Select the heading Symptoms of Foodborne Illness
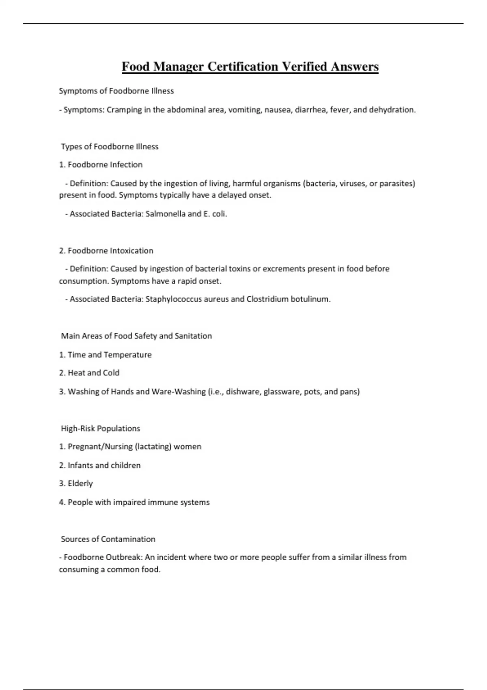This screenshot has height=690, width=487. [x=116, y=91]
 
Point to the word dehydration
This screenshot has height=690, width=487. [x=392, y=110]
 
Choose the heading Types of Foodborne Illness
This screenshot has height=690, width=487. [x=110, y=147]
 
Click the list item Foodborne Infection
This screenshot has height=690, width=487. [x=105, y=165]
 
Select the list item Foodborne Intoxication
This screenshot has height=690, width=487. [x=110, y=251]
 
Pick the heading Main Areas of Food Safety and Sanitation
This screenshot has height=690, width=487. [x=136, y=336]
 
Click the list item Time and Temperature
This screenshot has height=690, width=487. [x=109, y=355]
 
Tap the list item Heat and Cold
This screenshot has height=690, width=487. [x=93, y=373]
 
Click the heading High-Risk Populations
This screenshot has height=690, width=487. [x=100, y=429]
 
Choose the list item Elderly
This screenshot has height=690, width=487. [x=80, y=483]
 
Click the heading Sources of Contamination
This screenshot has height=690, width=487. [x=108, y=539]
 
